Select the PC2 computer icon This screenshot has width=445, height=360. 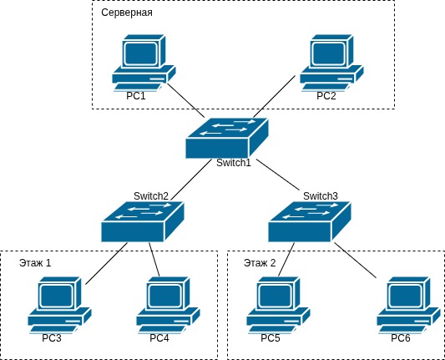coord(332,63)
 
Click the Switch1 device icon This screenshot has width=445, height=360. coord(228,137)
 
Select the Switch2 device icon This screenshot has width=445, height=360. coord(142,222)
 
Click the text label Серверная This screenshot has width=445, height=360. coord(127,14)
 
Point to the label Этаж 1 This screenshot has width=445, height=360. coord(36,263)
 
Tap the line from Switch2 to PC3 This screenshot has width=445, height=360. coord(106,261)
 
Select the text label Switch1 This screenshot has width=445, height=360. coord(234,162)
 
